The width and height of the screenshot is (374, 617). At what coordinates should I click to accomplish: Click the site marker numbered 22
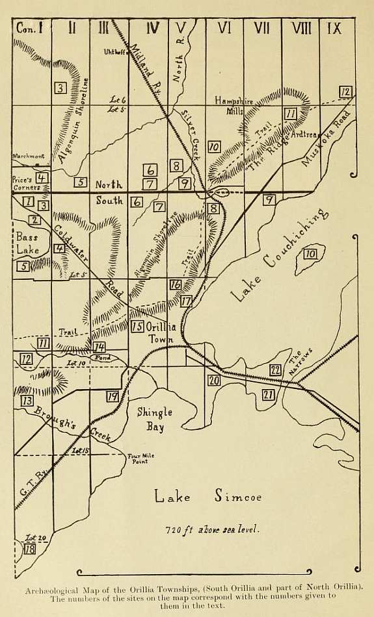[x=275, y=370]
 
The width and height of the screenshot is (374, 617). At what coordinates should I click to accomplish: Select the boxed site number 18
[x=29, y=549]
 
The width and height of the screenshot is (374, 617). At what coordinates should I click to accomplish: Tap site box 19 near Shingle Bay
[x=113, y=397]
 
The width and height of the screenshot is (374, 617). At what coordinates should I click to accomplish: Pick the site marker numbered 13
[x=27, y=401]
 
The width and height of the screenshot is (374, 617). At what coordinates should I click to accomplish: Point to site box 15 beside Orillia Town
[x=137, y=327]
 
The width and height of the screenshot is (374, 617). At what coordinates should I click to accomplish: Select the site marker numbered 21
[x=269, y=394]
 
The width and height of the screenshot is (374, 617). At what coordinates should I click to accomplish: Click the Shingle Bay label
[x=154, y=420]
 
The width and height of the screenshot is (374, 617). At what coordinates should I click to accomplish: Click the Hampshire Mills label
[x=234, y=106]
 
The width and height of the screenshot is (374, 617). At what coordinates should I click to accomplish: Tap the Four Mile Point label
[x=142, y=459]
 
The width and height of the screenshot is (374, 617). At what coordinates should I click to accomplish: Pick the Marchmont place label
[x=27, y=156]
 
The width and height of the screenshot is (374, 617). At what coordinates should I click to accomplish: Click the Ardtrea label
[x=305, y=135]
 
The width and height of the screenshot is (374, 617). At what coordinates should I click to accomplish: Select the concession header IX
[x=334, y=28]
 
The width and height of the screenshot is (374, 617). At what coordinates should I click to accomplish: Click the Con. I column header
[x=30, y=28]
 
